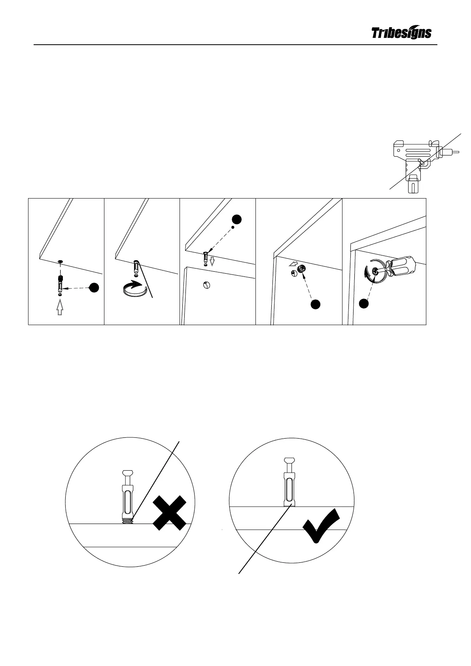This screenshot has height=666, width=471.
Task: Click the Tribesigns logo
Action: [x=401, y=33]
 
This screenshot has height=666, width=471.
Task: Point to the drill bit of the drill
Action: [x=455, y=151]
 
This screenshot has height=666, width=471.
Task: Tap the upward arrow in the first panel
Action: [x=60, y=307]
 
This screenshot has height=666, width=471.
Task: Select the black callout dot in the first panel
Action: [x=94, y=288]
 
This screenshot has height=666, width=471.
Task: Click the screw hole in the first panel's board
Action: [x=60, y=261]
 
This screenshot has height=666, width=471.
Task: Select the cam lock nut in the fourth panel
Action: [x=301, y=269]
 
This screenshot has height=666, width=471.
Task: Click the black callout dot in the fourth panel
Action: [x=315, y=304]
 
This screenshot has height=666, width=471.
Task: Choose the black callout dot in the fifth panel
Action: [x=364, y=303]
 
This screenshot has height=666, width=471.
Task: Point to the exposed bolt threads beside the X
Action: [x=126, y=521]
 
